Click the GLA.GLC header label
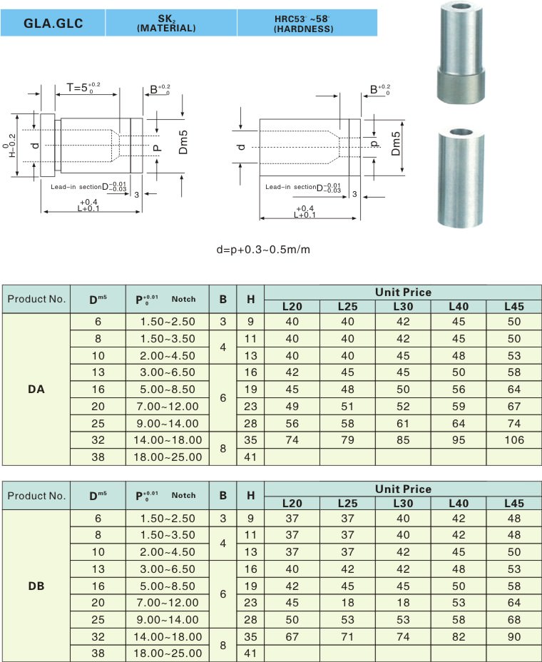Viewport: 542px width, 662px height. (x=53, y=23)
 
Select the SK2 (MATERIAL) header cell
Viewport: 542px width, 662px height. (x=171, y=23)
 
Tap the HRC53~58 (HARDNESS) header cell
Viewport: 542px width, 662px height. (x=302, y=23)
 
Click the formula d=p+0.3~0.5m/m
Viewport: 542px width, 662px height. (x=263, y=250)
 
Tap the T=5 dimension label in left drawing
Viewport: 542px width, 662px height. (x=83, y=88)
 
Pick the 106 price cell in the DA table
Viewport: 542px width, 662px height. (x=514, y=441)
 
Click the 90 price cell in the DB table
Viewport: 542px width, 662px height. (x=514, y=636)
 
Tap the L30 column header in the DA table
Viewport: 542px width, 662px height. (x=403, y=307)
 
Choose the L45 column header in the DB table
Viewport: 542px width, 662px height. (x=514, y=503)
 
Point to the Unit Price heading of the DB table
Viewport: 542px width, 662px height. (x=403, y=489)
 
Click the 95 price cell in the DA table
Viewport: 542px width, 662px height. (x=459, y=441)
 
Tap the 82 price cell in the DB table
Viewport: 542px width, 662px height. (x=459, y=636)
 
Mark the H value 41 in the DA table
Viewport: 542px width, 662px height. (x=250, y=457)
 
